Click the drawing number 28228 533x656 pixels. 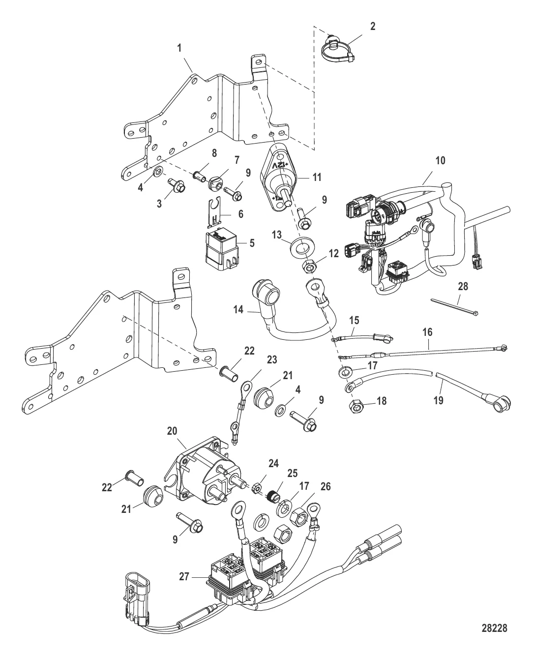point(494,634)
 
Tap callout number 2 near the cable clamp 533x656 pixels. point(373,27)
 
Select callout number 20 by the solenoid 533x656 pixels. point(172,431)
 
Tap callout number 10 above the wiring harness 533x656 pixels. point(441,160)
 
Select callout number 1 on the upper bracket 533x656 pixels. point(179,48)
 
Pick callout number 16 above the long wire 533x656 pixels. point(427,332)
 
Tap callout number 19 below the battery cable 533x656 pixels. point(438,400)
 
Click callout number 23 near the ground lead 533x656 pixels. point(272,360)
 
